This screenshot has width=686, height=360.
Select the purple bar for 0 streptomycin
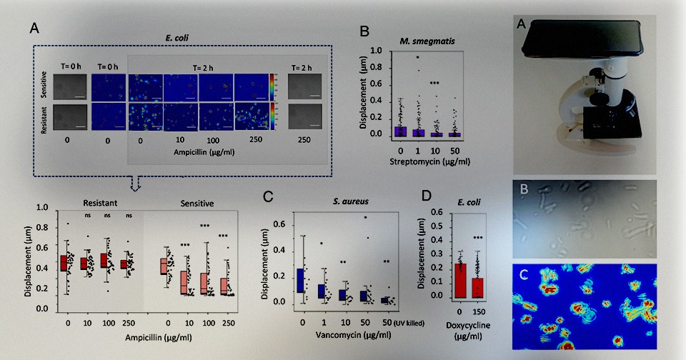[402, 131]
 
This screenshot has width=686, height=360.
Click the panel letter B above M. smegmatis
[364, 31]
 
